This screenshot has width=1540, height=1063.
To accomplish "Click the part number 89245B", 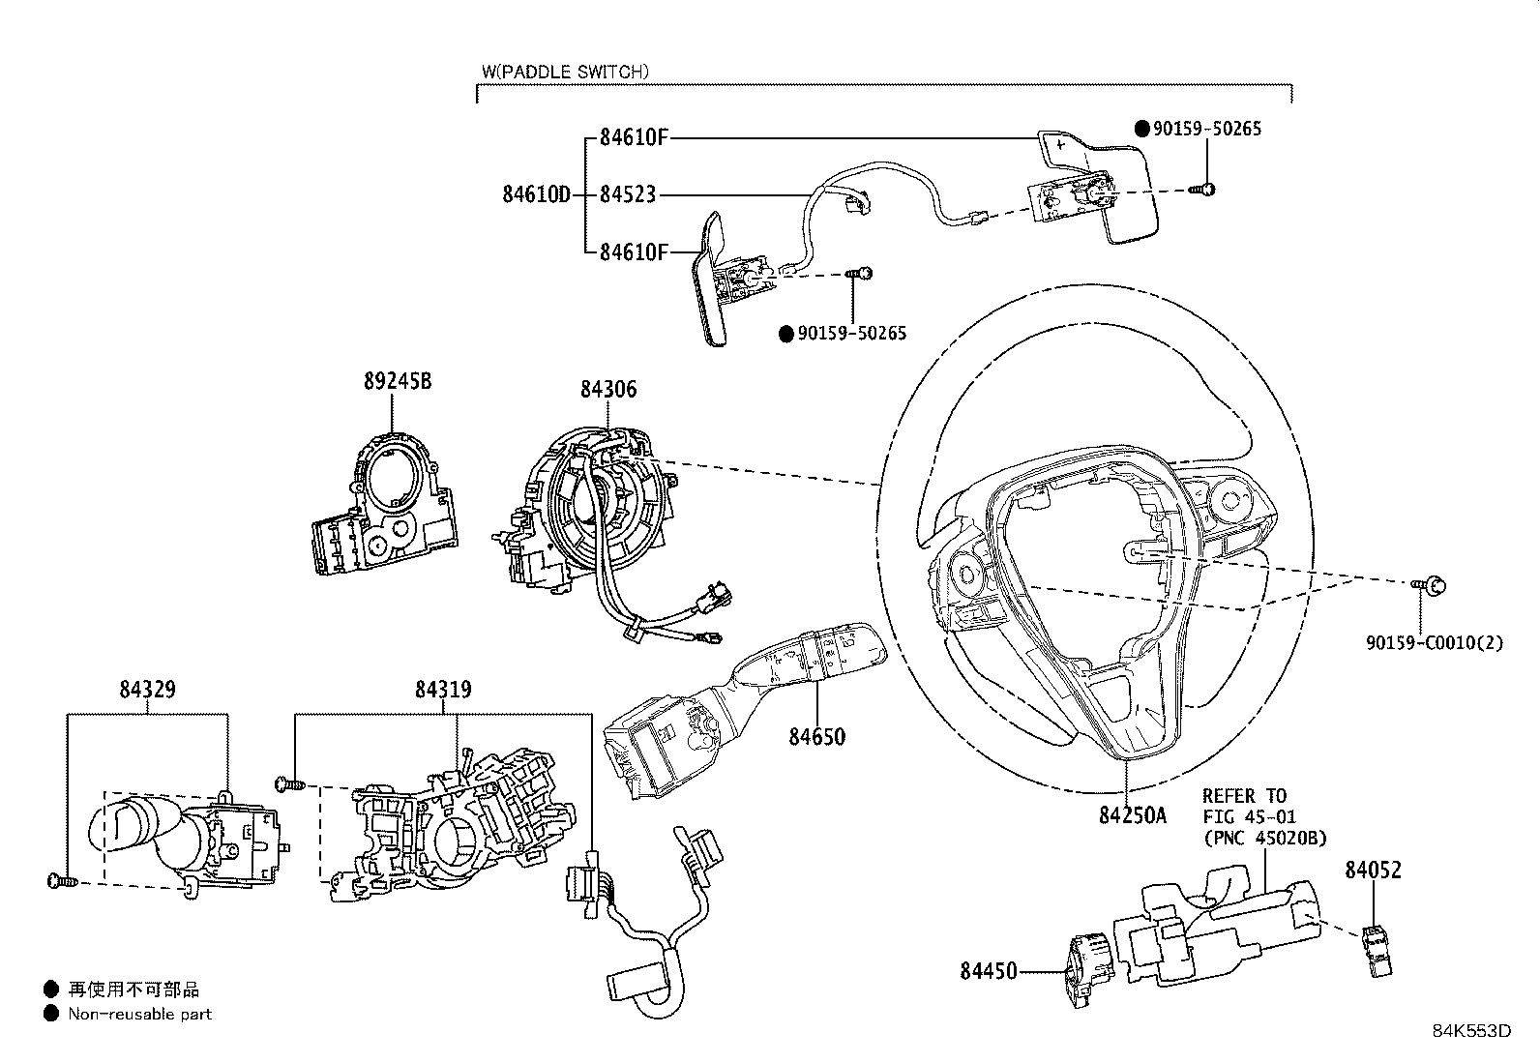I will pos(397,381).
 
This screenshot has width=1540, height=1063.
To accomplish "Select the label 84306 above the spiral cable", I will pos(608,389).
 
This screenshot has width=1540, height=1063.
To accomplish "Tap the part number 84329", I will pos(147,690).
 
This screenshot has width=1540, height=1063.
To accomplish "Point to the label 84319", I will pos(443,690).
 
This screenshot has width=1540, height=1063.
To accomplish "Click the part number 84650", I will pos(816,737).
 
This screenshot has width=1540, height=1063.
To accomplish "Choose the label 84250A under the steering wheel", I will pos(1132,815).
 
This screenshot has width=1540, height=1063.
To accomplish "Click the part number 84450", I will pos(989,969).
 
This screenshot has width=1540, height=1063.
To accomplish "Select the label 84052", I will pos(1372,870).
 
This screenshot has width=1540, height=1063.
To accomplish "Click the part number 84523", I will pos(627,194).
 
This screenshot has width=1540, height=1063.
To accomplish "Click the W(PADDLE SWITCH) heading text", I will pos(565,72).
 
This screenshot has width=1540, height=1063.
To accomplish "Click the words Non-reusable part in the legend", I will pos(139,1014).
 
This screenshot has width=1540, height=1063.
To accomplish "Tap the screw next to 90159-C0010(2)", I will pos(1434,584).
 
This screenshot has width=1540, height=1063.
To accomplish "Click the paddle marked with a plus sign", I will pos(1098,184).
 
